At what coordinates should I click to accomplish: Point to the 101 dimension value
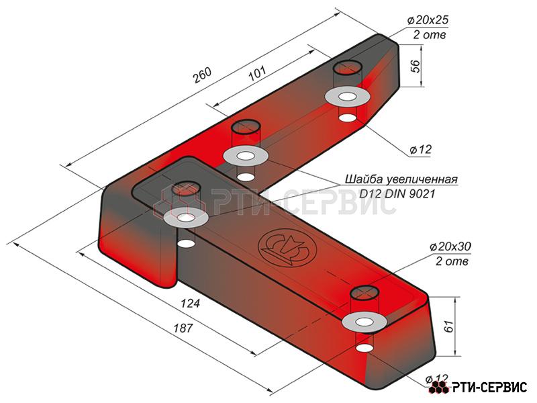tap(257, 73)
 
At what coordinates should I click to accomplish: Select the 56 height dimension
tap(415, 66)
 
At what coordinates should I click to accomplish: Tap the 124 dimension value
tap(190, 304)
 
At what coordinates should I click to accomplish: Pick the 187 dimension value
tap(183, 328)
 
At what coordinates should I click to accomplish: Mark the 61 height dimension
tap(449, 326)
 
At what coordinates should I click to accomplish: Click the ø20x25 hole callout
tap(428, 20)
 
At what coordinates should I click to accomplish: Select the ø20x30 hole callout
tap(450, 246)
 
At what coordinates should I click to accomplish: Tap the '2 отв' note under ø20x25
tap(430, 35)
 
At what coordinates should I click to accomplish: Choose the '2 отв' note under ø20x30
tap(452, 261)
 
